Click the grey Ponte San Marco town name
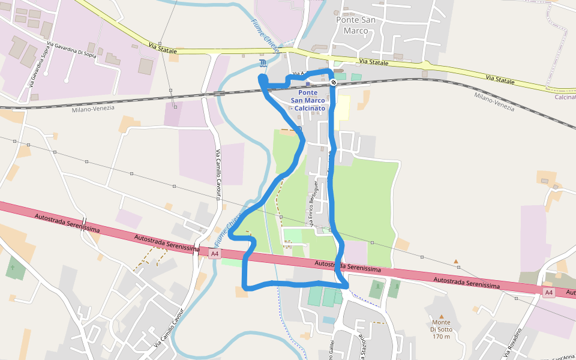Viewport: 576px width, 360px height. click(356, 25)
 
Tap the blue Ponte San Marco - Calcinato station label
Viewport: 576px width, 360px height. click(308, 100)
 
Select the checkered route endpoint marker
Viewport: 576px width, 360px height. click(333, 82)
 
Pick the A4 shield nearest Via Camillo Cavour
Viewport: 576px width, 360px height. click(215, 254)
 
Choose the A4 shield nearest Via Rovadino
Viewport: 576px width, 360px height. click(548, 292)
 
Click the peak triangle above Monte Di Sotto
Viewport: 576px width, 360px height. click(442, 316)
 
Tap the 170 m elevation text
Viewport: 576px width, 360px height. click(441, 337)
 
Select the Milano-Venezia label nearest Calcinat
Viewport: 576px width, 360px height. click(494, 101)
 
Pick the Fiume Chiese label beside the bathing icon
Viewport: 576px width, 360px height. click(265, 37)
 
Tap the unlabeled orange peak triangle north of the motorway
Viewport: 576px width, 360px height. click(456, 262)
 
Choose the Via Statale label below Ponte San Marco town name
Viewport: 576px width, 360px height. click(374, 61)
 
